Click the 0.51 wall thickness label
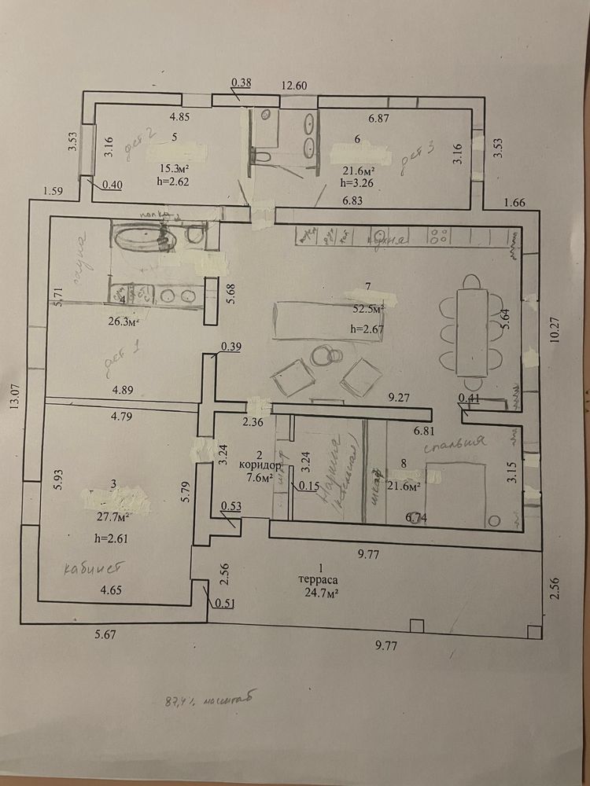click(x=226, y=603)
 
